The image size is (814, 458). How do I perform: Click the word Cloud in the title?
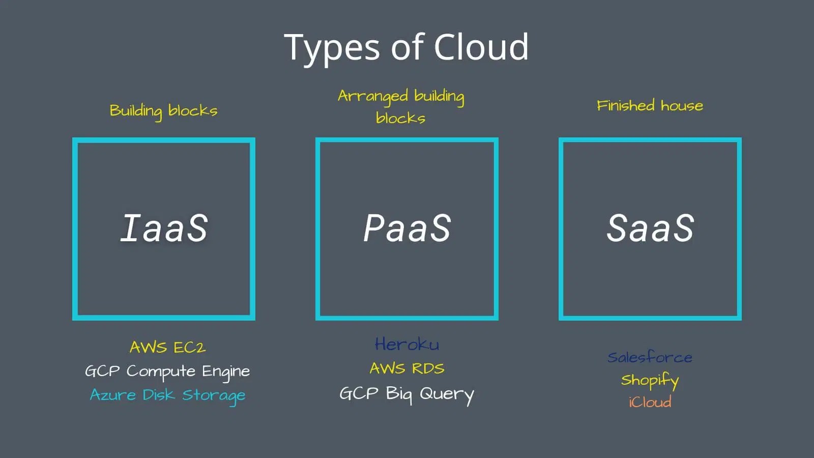pyautogui.click(x=481, y=47)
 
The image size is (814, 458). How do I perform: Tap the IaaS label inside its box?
pyautogui.click(x=164, y=227)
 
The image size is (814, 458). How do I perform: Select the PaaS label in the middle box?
pyautogui.click(x=407, y=227)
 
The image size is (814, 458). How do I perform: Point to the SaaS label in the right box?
pyautogui.click(x=650, y=227)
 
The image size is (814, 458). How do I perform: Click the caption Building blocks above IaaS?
pyautogui.click(x=163, y=110)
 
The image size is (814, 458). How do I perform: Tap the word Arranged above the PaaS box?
pyautogui.click(x=373, y=96)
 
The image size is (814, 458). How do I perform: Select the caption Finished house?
pyautogui.click(x=650, y=106)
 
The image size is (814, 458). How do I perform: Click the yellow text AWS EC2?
pyautogui.click(x=167, y=347)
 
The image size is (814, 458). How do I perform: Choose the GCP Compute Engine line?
pyautogui.click(x=167, y=371)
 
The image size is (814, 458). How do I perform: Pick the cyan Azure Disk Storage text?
pyautogui.click(x=167, y=395)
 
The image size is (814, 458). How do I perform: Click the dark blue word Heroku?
pyautogui.click(x=407, y=345)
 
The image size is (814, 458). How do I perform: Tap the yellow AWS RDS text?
pyautogui.click(x=407, y=368)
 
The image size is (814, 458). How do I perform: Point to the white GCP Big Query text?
pyautogui.click(x=406, y=393)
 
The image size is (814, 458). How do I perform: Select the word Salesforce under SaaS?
pyautogui.click(x=650, y=357)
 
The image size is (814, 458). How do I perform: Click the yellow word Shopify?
pyautogui.click(x=650, y=380)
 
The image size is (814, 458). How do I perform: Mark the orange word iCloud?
pyautogui.click(x=650, y=402)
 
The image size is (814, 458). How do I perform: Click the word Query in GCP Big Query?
pyautogui.click(x=446, y=394)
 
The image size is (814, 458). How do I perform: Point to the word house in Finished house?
pyautogui.click(x=682, y=106)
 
